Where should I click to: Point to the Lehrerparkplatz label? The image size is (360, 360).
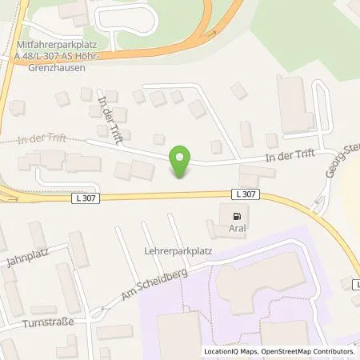(x=175, y=250)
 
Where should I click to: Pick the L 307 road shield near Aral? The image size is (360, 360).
(x=245, y=194)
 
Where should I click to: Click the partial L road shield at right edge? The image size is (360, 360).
(x=356, y=283)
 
